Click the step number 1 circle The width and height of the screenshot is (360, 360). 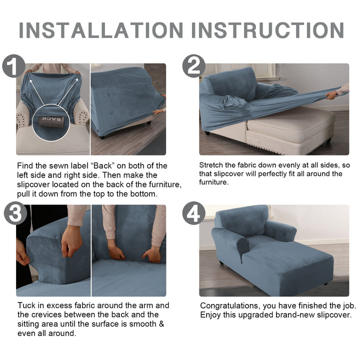click(13, 65)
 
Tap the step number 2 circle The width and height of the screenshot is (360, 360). click(194, 65)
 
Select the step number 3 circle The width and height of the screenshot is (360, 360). click(15, 213)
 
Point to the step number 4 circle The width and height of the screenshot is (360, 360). click(194, 213)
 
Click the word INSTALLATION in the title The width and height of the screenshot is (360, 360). click(101, 30)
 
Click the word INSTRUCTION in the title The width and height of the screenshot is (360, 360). click(267, 30)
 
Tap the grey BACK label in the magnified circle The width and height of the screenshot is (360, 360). click(51, 121)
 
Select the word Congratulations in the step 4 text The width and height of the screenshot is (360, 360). click(230, 306)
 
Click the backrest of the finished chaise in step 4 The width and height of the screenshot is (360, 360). click(241, 221)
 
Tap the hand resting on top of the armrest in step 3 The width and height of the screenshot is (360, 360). click(71, 244)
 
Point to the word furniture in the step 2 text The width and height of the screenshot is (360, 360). click(214, 182)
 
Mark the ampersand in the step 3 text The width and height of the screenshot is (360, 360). click(161, 324)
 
